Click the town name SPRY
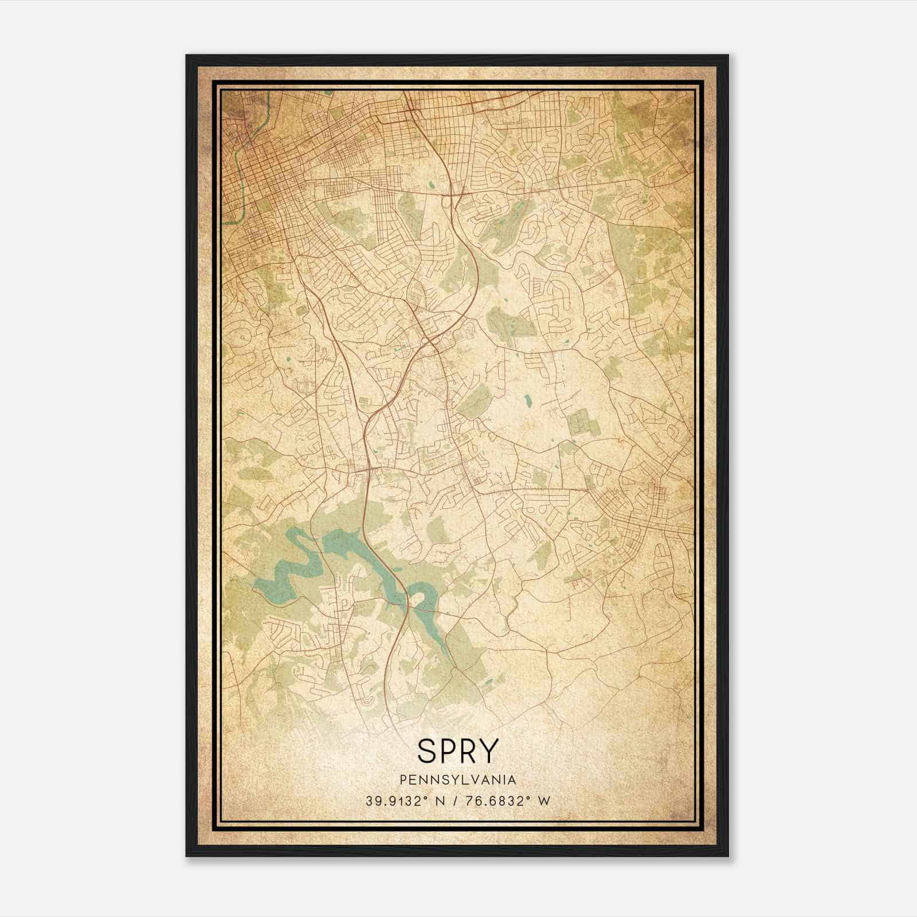pyautogui.click(x=458, y=750)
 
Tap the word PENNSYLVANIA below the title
pyautogui.click(x=458, y=779)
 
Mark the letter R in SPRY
pyautogui.click(x=468, y=750)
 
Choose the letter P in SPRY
pyautogui.click(x=448, y=750)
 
